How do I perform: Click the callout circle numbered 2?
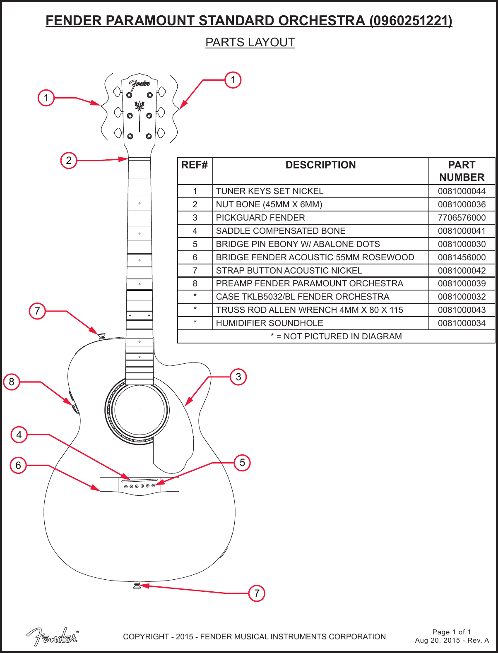tap(69, 160)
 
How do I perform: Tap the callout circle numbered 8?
tap(12, 382)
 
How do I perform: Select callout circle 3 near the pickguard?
tap(238, 377)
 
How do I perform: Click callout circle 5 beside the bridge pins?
tap(243, 463)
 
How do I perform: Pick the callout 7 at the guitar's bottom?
tap(257, 593)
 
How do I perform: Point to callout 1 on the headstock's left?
tap(46, 98)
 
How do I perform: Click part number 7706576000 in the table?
tap(462, 218)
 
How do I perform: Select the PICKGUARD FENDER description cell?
tap(260, 218)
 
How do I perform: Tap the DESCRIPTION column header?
tap(320, 165)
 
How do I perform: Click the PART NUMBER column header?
tap(462, 171)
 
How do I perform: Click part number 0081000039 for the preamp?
tap(462, 283)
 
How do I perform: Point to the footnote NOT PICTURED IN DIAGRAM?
tap(336, 336)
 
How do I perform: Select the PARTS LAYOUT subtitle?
tap(250, 42)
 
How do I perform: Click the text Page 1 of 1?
tap(452, 632)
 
